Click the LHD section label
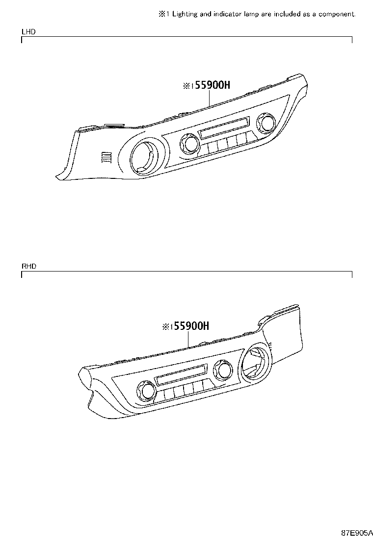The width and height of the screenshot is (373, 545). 28,32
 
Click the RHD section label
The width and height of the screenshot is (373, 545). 28,266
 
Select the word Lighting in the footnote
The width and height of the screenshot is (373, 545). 185,14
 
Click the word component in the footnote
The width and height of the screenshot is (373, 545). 336,14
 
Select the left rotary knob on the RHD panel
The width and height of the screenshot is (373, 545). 145,390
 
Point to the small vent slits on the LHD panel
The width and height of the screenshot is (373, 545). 106,157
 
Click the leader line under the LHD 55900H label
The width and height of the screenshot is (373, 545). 210,99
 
